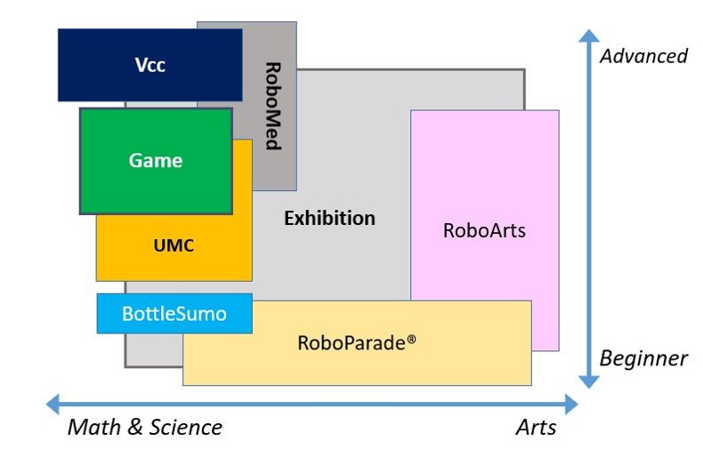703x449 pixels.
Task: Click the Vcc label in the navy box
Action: click(149, 65)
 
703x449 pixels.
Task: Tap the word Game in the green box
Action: click(156, 161)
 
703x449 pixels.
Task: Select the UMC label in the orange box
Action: click(174, 245)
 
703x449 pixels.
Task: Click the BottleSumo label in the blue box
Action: click(174, 314)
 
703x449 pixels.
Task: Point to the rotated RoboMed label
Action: click(273, 106)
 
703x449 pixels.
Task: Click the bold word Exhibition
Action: click(329, 218)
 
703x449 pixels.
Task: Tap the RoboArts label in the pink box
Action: click(484, 230)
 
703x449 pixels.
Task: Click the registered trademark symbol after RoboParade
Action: click(411, 339)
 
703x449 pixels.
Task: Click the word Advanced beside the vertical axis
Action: click(643, 56)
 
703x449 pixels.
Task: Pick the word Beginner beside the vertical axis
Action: click(643, 358)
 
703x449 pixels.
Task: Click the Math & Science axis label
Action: click(145, 428)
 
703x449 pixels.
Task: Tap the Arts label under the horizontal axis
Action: click(536, 428)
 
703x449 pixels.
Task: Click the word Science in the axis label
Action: click(184, 428)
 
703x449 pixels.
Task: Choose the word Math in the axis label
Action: click(93, 428)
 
